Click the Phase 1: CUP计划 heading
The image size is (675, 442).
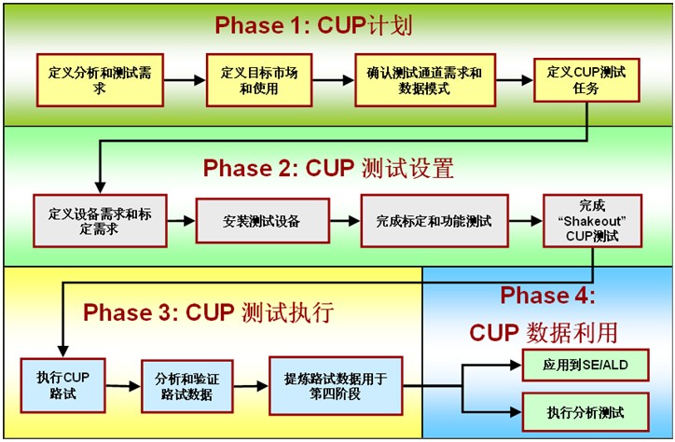(313, 25)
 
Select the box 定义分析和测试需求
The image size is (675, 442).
(100, 80)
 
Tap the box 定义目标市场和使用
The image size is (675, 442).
(259, 80)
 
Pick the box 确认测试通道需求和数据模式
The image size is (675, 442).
(425, 80)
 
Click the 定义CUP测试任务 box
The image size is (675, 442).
(586, 80)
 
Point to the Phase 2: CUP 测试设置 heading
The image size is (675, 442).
(328, 168)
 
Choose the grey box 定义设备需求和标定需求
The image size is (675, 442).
(100, 221)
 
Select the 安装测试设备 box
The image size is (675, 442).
(263, 221)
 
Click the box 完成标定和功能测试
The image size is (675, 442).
(434, 221)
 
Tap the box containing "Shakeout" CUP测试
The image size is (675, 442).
(592, 221)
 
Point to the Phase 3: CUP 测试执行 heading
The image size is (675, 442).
(208, 312)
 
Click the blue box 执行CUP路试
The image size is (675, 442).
(62, 386)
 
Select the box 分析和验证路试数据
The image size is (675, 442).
(187, 386)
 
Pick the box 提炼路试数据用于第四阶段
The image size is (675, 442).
(336, 386)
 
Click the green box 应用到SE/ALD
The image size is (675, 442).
(585, 366)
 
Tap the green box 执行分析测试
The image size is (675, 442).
(585, 412)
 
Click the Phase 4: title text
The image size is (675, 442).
(547, 296)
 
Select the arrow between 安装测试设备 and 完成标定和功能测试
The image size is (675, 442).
(345, 221)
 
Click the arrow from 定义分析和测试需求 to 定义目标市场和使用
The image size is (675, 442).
(185, 80)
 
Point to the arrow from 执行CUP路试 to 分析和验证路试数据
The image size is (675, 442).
(124, 386)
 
